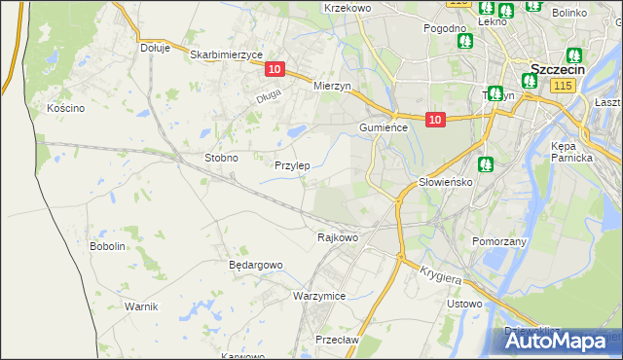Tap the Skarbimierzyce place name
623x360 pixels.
point(227,54)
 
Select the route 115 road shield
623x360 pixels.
point(561,87)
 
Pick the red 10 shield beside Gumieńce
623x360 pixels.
point(435,119)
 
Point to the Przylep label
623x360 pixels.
point(292,165)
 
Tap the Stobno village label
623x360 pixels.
point(221,157)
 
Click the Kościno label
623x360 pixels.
point(66,108)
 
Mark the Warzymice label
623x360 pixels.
point(319,295)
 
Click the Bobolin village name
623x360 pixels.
point(108,246)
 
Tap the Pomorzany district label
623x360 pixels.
point(498,240)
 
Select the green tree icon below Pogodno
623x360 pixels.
point(465,42)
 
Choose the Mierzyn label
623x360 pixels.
point(332,86)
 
